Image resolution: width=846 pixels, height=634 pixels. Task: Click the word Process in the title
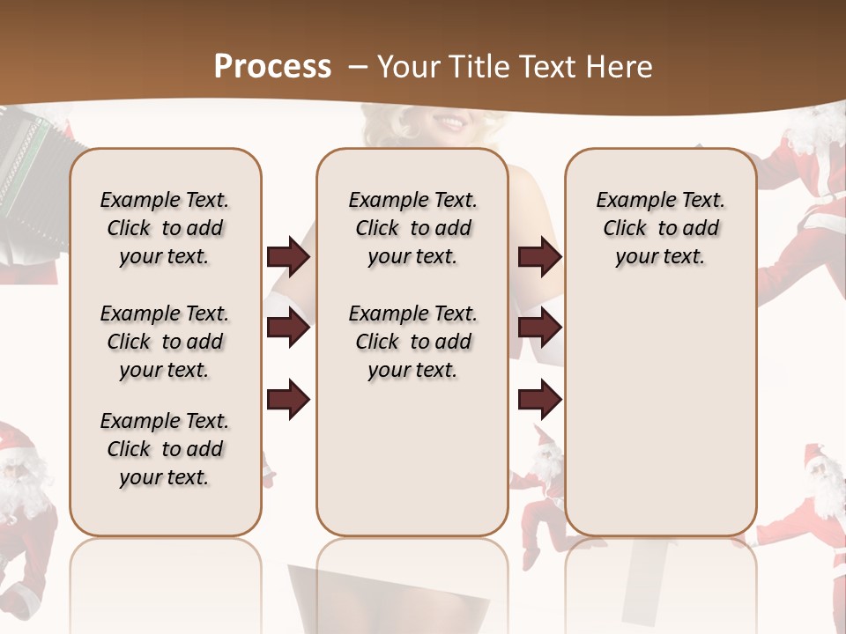click(x=272, y=66)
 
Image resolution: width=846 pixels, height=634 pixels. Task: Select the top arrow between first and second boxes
click(x=288, y=257)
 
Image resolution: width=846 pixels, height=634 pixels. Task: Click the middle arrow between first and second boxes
click(x=288, y=328)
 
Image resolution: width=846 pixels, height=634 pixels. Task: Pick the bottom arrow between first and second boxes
click(x=288, y=400)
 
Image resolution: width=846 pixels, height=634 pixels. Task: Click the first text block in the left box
click(x=165, y=228)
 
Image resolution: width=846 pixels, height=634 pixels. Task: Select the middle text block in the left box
click(x=165, y=342)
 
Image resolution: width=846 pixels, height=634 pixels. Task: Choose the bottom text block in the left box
click(x=165, y=449)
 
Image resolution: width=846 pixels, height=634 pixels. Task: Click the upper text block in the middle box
click(x=412, y=228)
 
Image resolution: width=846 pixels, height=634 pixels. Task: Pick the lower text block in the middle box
click(x=412, y=342)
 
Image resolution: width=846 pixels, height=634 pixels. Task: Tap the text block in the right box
click(x=660, y=228)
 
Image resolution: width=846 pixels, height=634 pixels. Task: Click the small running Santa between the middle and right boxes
click(x=539, y=493)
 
